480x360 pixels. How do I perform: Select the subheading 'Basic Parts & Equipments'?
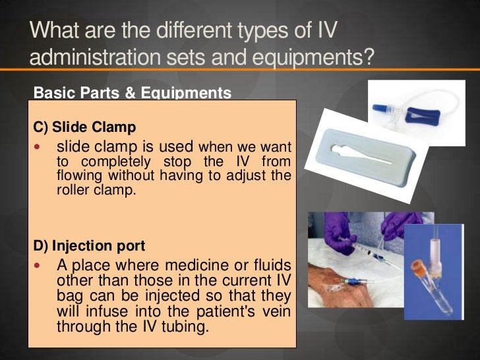click(132, 92)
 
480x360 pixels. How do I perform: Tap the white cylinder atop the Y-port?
click(435, 249)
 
